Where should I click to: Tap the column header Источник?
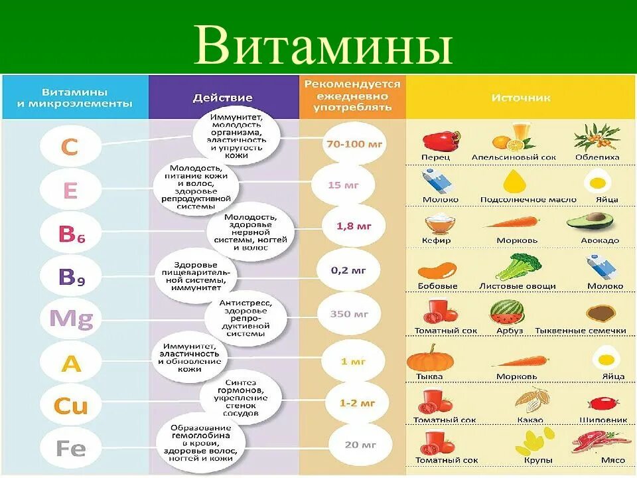[521, 98]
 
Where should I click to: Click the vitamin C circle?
[70, 147]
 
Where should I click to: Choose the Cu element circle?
[70, 406]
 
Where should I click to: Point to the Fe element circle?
[70, 449]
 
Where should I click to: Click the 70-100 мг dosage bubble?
[352, 143]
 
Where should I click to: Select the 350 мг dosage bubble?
[352, 313]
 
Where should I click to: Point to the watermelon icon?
[506, 311]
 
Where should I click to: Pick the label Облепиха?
[597, 157]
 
